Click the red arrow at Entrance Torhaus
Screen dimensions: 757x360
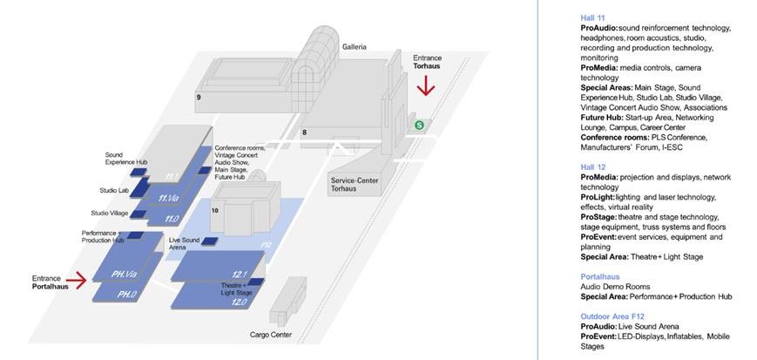click(x=425, y=86)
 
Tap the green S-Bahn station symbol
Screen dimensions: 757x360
click(x=419, y=126)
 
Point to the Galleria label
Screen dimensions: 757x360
click(x=355, y=46)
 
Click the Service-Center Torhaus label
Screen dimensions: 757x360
click(x=352, y=183)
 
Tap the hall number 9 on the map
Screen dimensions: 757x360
click(x=199, y=98)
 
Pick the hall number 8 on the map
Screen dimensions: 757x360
click(x=304, y=132)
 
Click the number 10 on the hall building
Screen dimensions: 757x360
click(x=215, y=210)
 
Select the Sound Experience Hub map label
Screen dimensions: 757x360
click(x=125, y=158)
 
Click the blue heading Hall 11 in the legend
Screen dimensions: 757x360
click(x=592, y=17)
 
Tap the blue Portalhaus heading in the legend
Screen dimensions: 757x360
click(x=598, y=275)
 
